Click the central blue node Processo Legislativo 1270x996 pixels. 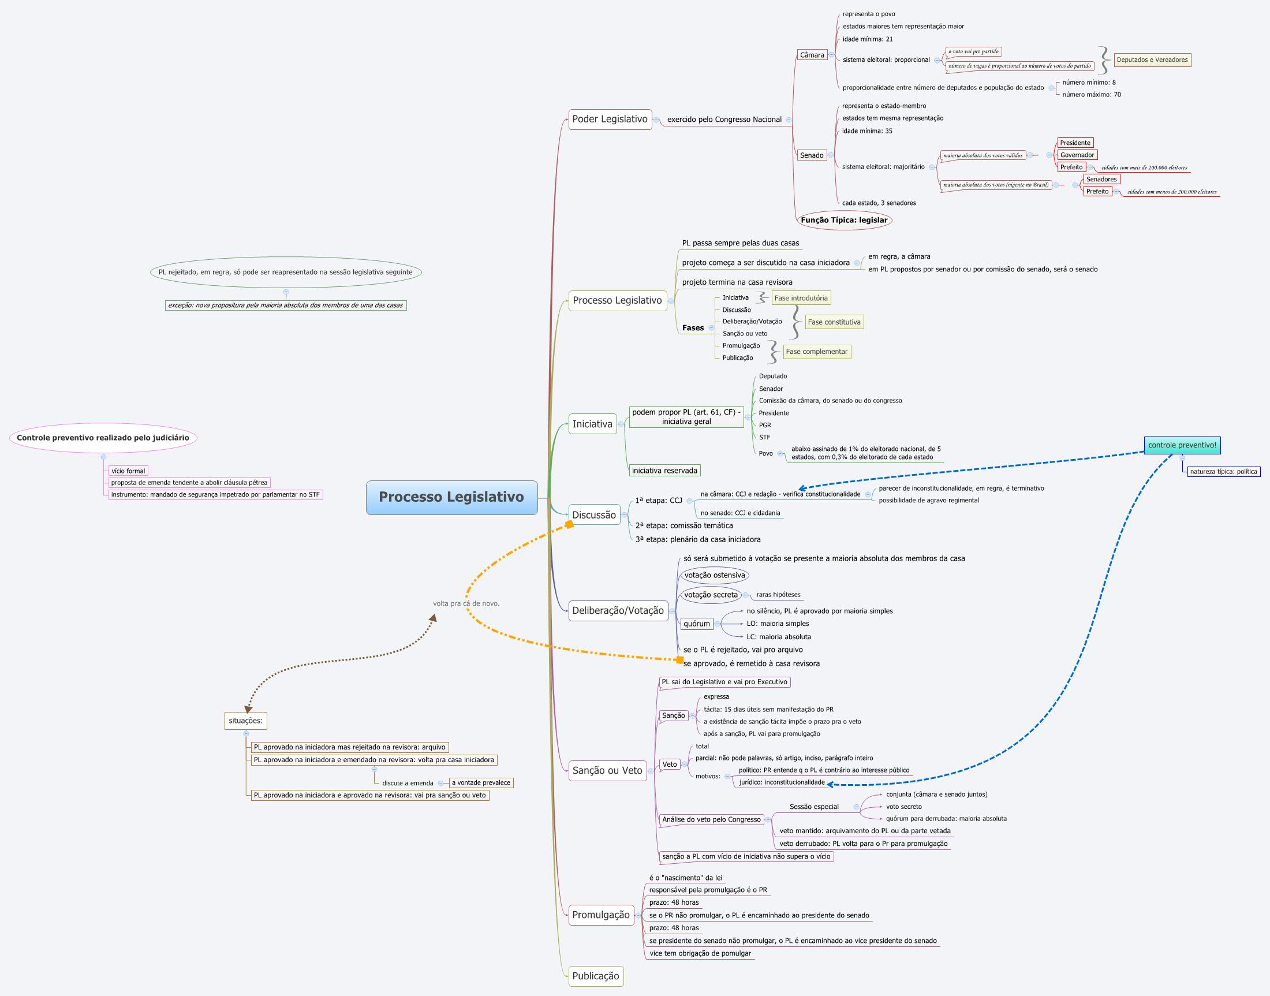click(x=451, y=497)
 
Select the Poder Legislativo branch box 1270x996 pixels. click(x=610, y=120)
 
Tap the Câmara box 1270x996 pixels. click(x=812, y=55)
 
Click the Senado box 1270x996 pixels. click(x=812, y=156)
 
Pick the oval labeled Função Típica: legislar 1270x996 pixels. click(x=844, y=221)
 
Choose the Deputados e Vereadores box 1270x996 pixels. click(x=1152, y=60)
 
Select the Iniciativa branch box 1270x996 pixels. click(x=592, y=424)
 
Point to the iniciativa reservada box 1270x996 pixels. click(x=664, y=471)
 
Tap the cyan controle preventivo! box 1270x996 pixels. click(x=1181, y=446)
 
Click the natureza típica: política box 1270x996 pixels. click(x=1223, y=472)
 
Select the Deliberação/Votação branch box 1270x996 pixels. click(x=618, y=611)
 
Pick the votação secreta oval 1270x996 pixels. click(x=711, y=595)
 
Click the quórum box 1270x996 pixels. click(x=697, y=624)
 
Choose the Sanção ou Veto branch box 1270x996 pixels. click(x=607, y=771)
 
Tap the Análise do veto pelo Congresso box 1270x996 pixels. click(x=711, y=820)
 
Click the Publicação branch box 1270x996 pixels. click(x=595, y=976)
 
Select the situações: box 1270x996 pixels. click(x=245, y=721)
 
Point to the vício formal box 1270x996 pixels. click(x=128, y=471)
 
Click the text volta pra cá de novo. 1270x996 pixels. click(x=466, y=604)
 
